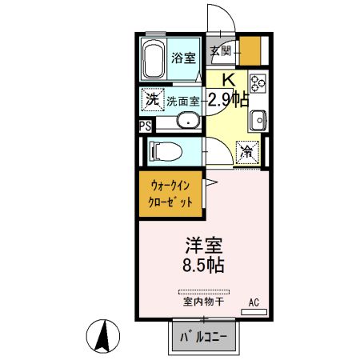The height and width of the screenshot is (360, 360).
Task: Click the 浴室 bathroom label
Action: [x=183, y=58]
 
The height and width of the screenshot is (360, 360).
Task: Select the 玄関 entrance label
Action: [x=221, y=52]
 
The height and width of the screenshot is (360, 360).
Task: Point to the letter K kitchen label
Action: [x=228, y=80]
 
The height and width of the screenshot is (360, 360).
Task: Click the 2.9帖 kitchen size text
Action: [x=227, y=100]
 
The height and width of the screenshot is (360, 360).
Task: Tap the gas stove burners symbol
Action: [x=258, y=84]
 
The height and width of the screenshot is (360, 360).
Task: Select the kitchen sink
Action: [x=258, y=121]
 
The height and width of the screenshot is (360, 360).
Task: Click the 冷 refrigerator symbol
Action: [x=247, y=150]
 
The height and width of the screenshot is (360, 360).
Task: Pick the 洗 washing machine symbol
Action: [x=151, y=100]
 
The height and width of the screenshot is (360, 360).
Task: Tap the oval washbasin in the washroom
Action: [x=186, y=122]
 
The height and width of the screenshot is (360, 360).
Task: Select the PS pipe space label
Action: [x=144, y=126]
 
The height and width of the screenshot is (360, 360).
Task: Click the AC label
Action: [x=254, y=302]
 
